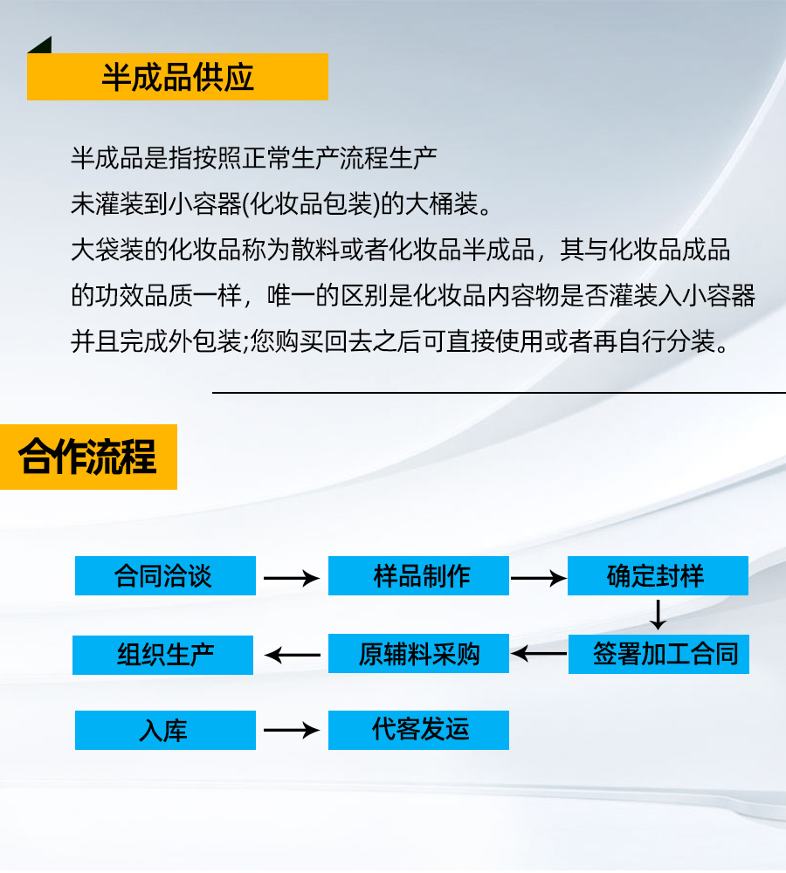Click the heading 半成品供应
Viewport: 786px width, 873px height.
point(177,77)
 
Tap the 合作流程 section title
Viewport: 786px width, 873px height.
point(88,457)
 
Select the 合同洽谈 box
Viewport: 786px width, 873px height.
point(165,575)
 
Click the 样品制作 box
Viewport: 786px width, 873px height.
point(418,575)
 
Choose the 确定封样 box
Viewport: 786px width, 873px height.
point(658,575)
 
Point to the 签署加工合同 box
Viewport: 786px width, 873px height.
point(658,654)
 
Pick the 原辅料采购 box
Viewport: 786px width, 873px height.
point(418,654)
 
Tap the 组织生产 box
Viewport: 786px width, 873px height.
point(162,656)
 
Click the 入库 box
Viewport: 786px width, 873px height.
point(165,731)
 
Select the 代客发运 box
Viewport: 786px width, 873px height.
point(418,731)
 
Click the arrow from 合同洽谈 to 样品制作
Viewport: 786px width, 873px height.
point(292,579)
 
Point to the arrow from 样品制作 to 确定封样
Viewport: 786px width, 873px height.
point(538,579)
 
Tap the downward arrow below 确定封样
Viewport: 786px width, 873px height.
point(658,615)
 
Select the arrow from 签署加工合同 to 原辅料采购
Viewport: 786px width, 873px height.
point(539,654)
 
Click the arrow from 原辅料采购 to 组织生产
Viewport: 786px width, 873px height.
point(293,655)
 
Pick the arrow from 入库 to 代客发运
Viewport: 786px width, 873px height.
point(292,730)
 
